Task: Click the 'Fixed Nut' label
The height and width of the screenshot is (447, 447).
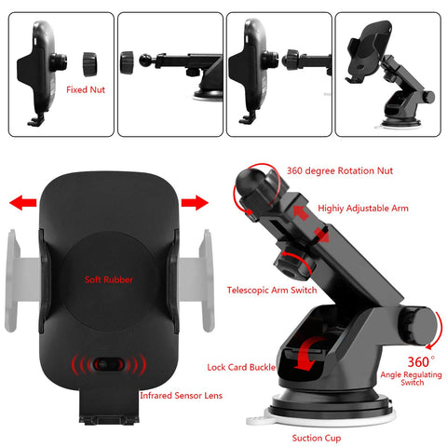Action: (x=86, y=89)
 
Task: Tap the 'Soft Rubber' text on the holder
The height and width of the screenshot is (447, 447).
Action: (x=109, y=279)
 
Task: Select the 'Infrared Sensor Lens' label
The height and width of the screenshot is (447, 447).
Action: (x=182, y=396)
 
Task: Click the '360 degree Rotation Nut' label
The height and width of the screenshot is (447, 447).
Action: (x=340, y=170)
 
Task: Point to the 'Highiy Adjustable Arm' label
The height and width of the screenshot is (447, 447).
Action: (x=363, y=209)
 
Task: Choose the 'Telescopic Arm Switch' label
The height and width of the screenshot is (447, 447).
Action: (x=272, y=291)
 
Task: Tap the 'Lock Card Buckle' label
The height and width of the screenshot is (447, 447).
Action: (x=241, y=367)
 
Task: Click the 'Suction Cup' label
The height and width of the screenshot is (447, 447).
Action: (x=317, y=438)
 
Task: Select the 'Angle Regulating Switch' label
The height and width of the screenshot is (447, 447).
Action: (x=412, y=378)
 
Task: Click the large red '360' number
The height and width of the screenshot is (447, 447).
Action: (x=419, y=362)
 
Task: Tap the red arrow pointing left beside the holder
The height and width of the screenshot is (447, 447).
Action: (x=23, y=203)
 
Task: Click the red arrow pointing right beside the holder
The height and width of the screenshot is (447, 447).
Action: (x=195, y=203)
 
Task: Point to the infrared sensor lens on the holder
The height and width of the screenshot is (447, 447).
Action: (x=109, y=364)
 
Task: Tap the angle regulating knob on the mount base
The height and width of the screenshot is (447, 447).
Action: (x=417, y=326)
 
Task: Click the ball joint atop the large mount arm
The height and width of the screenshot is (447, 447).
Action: (x=249, y=182)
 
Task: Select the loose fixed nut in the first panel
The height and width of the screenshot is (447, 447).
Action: (x=90, y=64)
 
